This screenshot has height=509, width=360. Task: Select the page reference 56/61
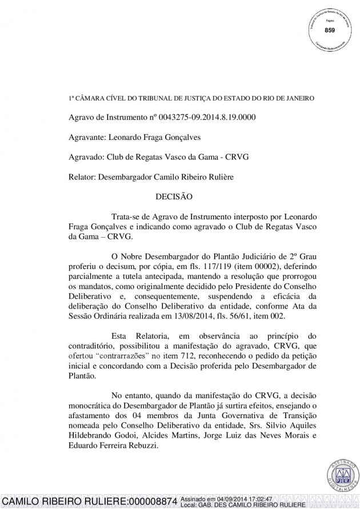(x=262, y=316)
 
